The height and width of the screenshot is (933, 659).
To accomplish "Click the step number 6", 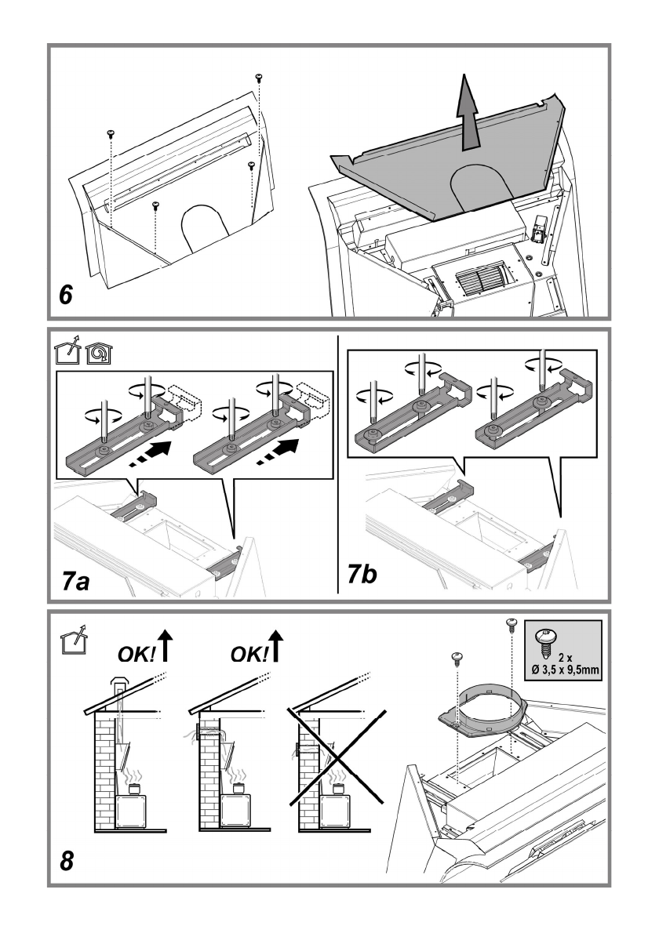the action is tap(65, 295).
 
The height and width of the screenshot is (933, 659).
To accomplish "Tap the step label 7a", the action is tap(75, 581).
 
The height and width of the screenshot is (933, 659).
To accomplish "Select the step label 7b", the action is tap(362, 575).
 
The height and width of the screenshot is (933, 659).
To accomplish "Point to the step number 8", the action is tap(67, 861).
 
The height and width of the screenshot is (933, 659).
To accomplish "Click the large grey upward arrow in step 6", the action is tap(468, 112).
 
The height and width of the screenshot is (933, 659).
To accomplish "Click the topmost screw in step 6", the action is tap(259, 78).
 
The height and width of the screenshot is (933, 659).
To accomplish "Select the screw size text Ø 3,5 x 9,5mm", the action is tap(566, 670).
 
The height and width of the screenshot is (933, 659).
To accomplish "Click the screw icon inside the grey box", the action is tap(544, 639).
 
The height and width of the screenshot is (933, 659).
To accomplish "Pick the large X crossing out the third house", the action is tap(337, 756).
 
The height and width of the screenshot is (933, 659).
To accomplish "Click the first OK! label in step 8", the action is tap(137, 655).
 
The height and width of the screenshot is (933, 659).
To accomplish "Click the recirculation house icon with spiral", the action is tap(100, 354).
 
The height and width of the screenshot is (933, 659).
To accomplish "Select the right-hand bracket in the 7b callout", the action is tap(533, 412).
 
